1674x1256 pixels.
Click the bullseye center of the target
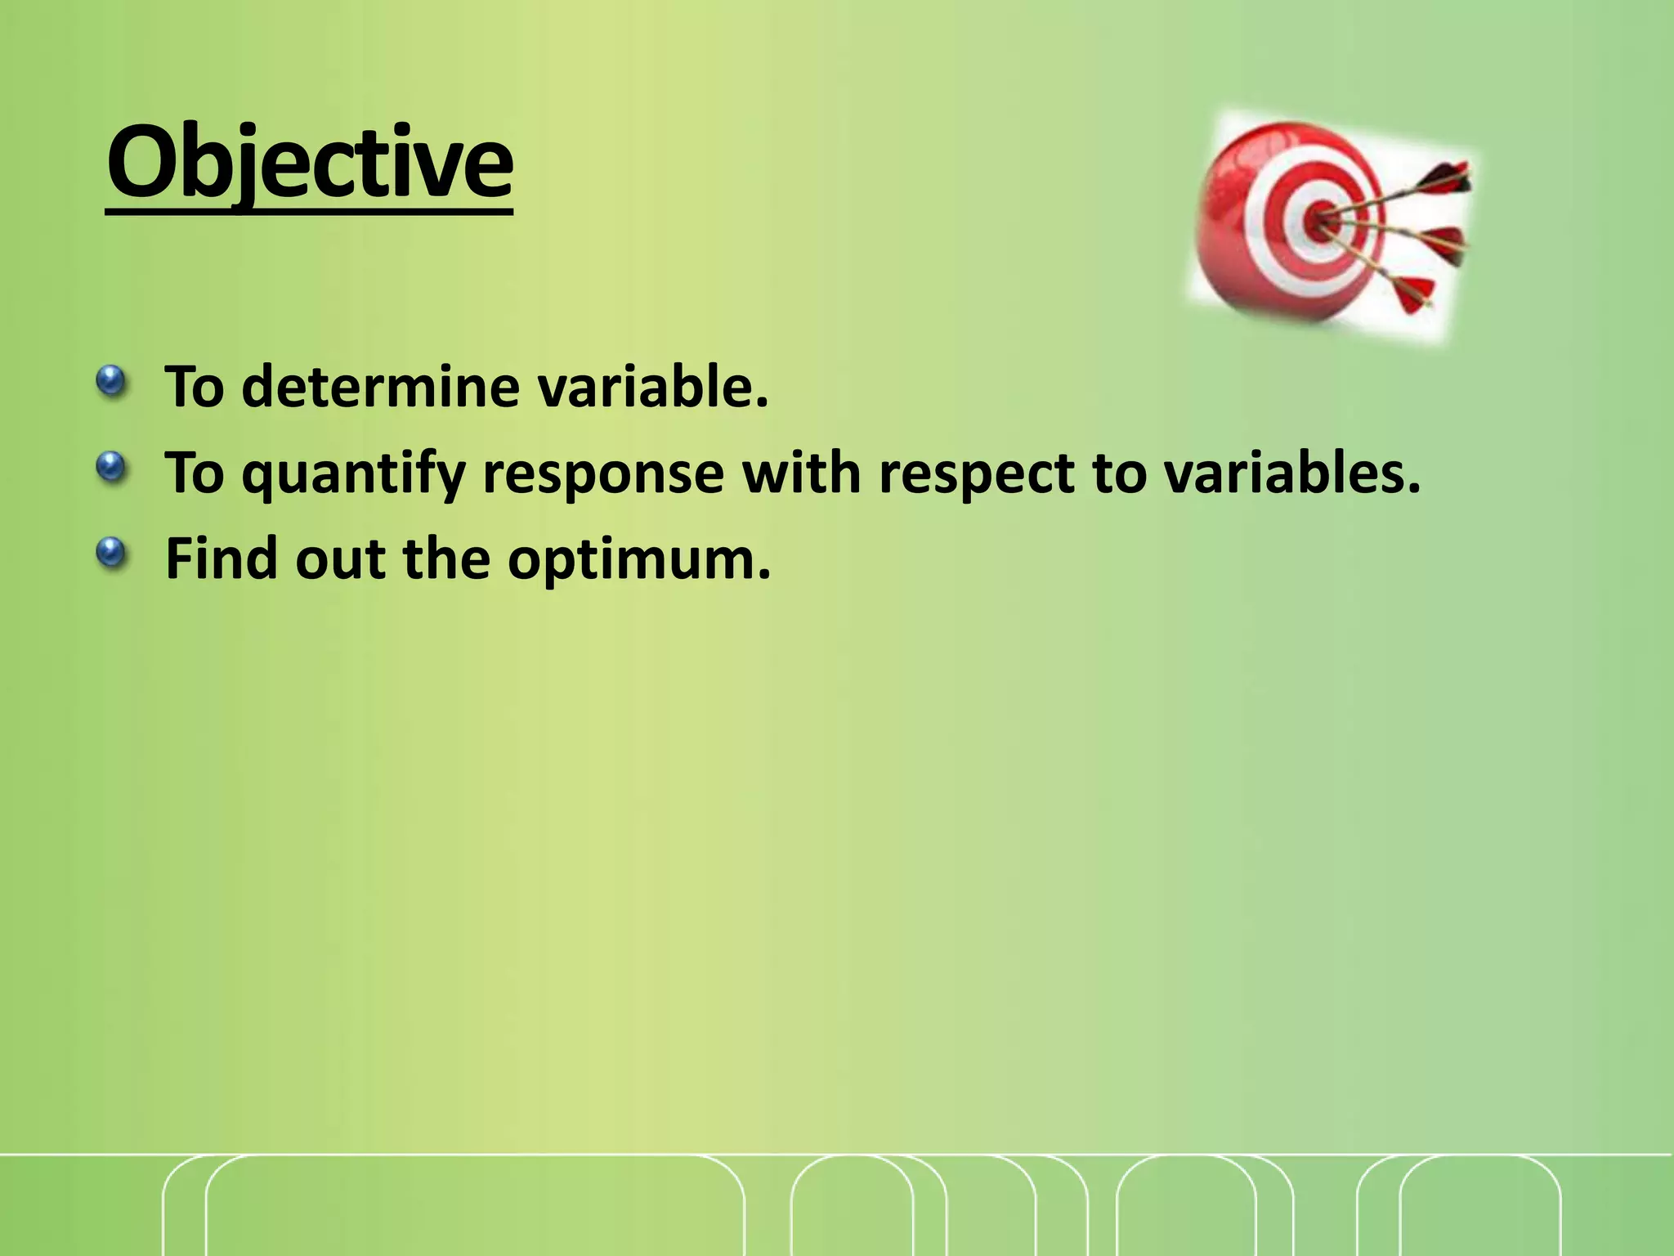[x=1317, y=220]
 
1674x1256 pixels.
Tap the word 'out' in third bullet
[x=340, y=558]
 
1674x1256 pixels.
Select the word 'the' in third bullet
[x=445, y=558]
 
